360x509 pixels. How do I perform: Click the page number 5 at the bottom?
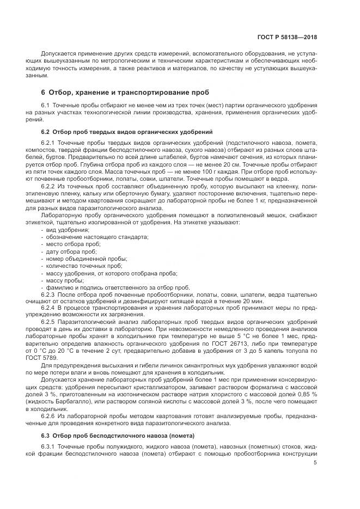pos(315,463)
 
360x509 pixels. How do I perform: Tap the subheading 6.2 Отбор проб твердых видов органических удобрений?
pos(123,132)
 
